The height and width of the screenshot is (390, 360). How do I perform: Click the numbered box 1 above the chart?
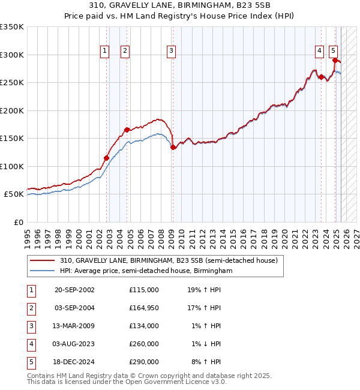(105, 51)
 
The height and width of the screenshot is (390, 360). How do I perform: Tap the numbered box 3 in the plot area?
(171, 51)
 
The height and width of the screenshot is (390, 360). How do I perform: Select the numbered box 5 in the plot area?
(333, 51)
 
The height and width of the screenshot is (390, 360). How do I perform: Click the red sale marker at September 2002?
(106, 158)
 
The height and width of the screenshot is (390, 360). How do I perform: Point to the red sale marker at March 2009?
(173, 147)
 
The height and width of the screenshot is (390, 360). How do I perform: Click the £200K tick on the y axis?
(12, 110)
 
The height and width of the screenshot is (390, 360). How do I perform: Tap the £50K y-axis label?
(14, 194)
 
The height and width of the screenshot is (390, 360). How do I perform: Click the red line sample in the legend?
(42, 261)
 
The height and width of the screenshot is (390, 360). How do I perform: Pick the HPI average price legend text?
(146, 271)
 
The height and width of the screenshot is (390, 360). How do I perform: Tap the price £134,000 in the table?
(144, 326)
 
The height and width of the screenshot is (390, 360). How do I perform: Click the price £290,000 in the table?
(144, 362)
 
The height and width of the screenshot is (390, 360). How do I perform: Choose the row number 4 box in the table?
(30, 344)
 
